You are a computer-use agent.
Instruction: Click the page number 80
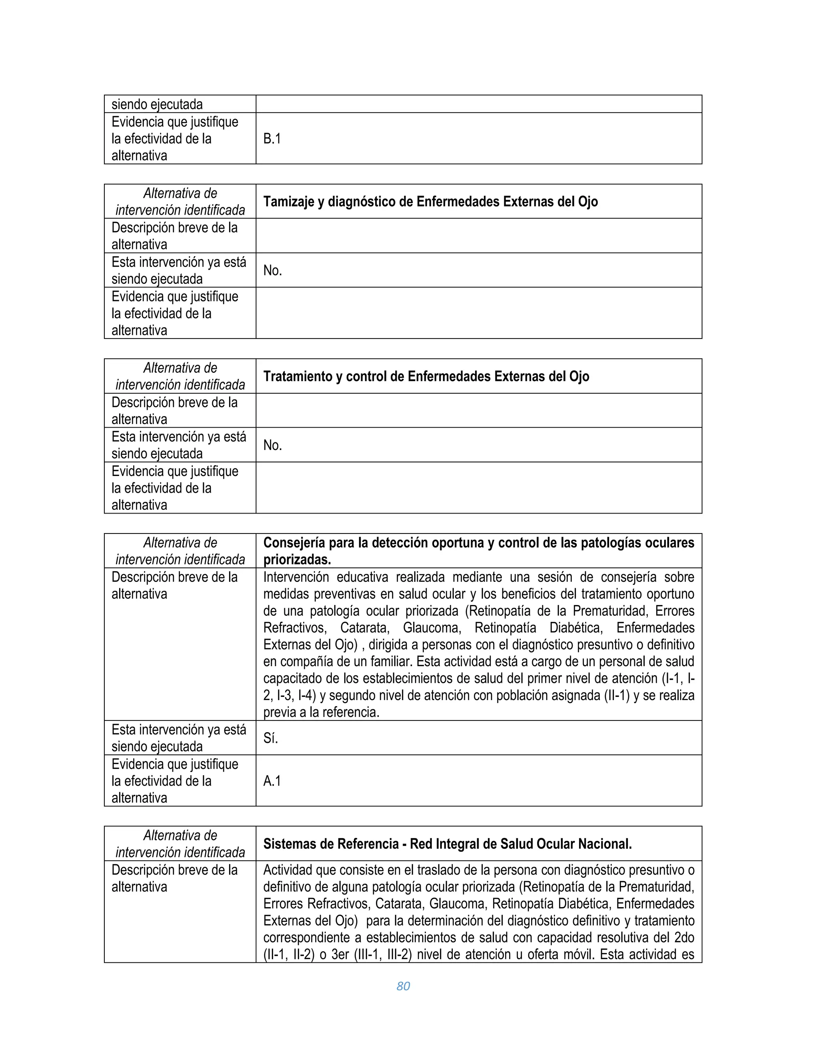click(x=403, y=986)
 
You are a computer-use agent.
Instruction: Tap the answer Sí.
click(x=270, y=738)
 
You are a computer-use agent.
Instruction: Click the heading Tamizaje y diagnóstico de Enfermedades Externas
click(x=430, y=202)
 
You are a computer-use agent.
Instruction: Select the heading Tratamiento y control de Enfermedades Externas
click(x=425, y=376)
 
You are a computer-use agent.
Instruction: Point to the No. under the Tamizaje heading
click(x=272, y=271)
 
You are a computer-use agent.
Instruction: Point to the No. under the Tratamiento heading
click(x=272, y=445)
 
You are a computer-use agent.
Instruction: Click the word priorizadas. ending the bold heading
click(x=297, y=559)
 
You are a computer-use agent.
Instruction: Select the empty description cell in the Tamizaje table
click(x=478, y=236)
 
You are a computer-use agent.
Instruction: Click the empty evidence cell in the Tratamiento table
click(x=478, y=488)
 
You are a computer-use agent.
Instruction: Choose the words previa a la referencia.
click(x=321, y=712)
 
